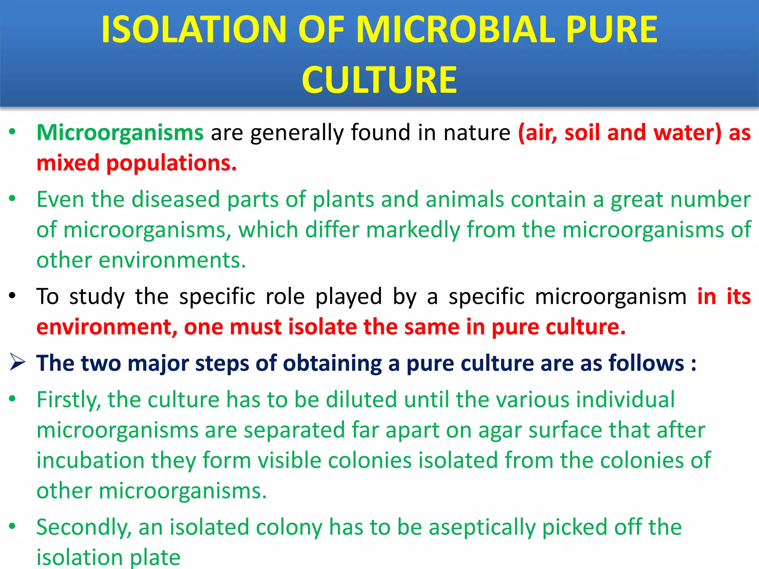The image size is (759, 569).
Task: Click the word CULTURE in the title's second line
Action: [x=379, y=80]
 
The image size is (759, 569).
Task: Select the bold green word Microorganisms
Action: [x=120, y=133]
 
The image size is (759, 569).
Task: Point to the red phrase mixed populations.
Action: [x=136, y=163]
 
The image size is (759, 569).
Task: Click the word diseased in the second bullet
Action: [x=176, y=200]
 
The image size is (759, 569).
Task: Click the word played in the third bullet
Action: [x=348, y=297]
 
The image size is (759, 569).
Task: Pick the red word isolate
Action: [x=322, y=327]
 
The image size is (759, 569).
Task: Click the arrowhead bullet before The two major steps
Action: [x=17, y=362]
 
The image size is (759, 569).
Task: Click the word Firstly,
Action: [x=69, y=400]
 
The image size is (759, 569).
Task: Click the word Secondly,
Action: [x=84, y=528]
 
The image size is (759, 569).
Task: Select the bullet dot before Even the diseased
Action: [x=13, y=199]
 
